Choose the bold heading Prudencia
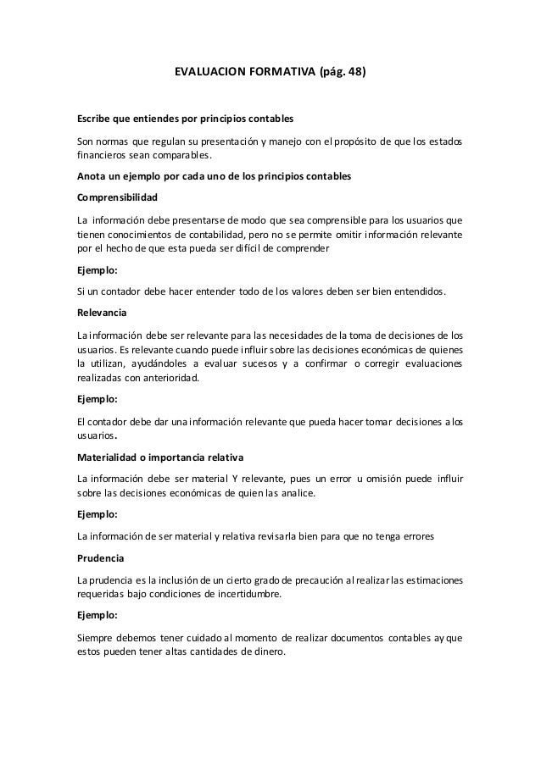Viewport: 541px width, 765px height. [100, 558]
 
